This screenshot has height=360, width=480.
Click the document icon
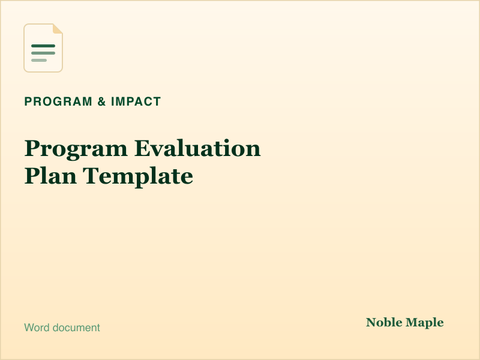coord(43,48)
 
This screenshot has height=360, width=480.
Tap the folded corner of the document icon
coord(58,28)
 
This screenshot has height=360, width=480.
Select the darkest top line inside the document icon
coord(43,46)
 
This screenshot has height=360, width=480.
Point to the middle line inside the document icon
coord(43,53)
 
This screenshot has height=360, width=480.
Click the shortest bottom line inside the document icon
coord(39,61)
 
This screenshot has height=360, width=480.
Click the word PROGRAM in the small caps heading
coord(58,101)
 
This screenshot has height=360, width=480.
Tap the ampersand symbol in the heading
coord(101,101)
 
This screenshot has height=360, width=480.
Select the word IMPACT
coord(136,101)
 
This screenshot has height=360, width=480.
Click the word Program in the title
coord(76,149)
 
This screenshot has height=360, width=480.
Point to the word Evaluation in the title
coord(197,148)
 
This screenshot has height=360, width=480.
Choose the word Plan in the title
coord(50,176)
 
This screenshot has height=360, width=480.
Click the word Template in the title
coord(138,176)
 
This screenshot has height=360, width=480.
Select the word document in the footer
coord(76,328)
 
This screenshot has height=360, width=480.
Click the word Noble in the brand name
coord(384,322)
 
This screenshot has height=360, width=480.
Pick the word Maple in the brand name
coord(425,323)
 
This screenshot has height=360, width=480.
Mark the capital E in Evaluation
coord(142,148)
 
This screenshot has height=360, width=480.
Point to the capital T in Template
coord(91,176)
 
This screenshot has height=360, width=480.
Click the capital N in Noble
coord(371,322)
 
